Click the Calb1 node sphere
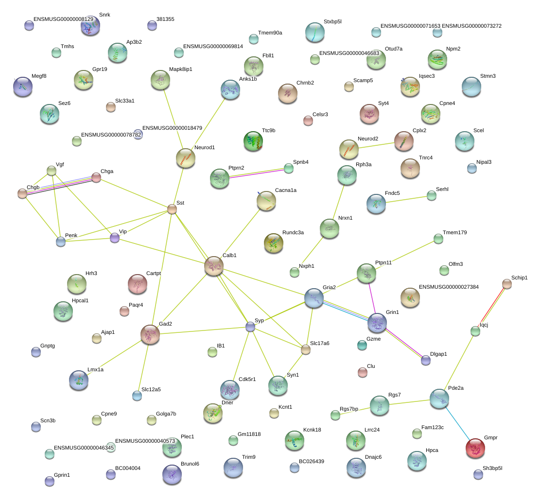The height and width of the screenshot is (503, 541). click(x=214, y=266)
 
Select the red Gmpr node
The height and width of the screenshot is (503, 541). click(x=475, y=448)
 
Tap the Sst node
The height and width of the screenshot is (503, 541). click(x=172, y=209)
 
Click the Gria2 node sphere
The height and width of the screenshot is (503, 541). click(x=314, y=298)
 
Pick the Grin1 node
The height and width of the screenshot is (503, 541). click(x=377, y=323)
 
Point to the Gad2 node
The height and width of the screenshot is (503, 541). click(x=150, y=334)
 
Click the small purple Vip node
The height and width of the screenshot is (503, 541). click(x=115, y=238)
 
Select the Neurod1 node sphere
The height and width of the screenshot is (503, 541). click(x=186, y=158)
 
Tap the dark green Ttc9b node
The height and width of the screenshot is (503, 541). click(x=253, y=141)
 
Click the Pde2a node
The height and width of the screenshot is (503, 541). click(x=439, y=399)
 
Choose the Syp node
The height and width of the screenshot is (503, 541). click(x=250, y=327)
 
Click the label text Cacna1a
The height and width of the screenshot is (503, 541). click(x=286, y=190)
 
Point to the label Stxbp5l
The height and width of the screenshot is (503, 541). click(x=332, y=21)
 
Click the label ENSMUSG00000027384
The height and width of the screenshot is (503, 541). click(x=449, y=287)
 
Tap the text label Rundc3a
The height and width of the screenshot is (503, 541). click(x=293, y=232)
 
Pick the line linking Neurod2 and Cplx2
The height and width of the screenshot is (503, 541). click(x=376, y=145)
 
